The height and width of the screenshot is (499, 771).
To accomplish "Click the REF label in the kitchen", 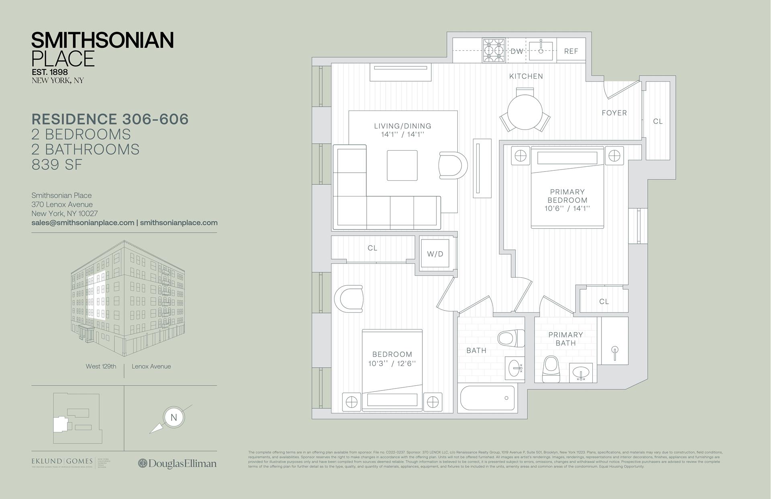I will (571, 51).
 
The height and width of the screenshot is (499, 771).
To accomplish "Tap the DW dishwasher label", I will (516, 51).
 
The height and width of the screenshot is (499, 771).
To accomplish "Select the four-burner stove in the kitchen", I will (494, 51).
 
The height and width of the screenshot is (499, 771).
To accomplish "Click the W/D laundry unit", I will (435, 254).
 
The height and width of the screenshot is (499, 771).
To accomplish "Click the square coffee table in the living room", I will (402, 165).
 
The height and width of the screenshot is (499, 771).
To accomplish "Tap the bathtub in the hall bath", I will (487, 398).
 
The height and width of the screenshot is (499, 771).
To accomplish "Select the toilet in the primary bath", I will (551, 369).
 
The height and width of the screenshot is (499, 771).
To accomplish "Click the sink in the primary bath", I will (581, 373).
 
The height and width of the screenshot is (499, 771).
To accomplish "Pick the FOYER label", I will (614, 113).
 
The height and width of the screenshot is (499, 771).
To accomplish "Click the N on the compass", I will (173, 417).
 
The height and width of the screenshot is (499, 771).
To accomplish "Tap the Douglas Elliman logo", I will (177, 463).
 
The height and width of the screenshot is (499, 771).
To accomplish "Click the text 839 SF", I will (57, 165).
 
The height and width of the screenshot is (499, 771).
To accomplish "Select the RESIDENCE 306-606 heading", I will (110, 119).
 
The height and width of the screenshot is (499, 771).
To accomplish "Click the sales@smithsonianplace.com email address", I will (83, 223).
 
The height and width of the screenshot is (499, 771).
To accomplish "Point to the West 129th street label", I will (101, 366).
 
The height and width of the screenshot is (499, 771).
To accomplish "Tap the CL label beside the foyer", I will (657, 121).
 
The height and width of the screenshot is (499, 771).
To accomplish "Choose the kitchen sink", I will (541, 51).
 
